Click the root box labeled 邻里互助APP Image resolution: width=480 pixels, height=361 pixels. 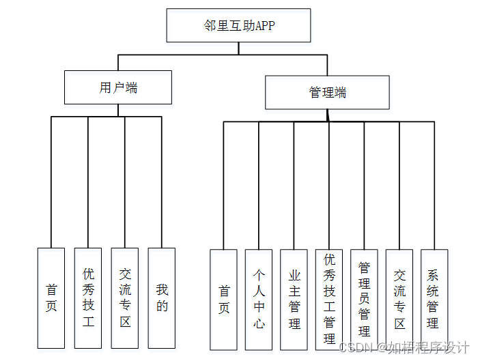click(x=238, y=25)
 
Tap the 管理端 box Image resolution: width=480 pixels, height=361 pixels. click(x=327, y=92)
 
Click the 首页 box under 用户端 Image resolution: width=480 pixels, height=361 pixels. click(x=51, y=298)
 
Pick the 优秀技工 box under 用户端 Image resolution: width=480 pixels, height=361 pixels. click(x=88, y=298)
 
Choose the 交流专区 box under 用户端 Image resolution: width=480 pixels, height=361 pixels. click(x=125, y=298)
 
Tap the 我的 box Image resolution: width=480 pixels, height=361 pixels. click(x=162, y=298)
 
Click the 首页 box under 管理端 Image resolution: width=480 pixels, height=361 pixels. click(x=223, y=299)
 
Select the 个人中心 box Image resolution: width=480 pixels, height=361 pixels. click(x=259, y=299)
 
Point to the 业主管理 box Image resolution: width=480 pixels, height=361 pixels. click(x=294, y=299)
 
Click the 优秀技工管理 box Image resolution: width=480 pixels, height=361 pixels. click(x=329, y=299)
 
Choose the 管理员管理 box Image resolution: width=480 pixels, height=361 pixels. click(x=364, y=299)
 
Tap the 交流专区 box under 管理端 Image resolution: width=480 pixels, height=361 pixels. click(x=399, y=299)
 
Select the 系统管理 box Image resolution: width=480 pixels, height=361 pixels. click(x=434, y=299)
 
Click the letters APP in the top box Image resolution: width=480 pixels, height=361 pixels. click(x=265, y=26)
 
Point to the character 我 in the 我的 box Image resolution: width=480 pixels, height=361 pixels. click(x=162, y=289)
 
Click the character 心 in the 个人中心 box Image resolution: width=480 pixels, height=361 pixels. click(x=259, y=323)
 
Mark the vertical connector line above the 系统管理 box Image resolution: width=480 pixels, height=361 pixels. click(x=434, y=184)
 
